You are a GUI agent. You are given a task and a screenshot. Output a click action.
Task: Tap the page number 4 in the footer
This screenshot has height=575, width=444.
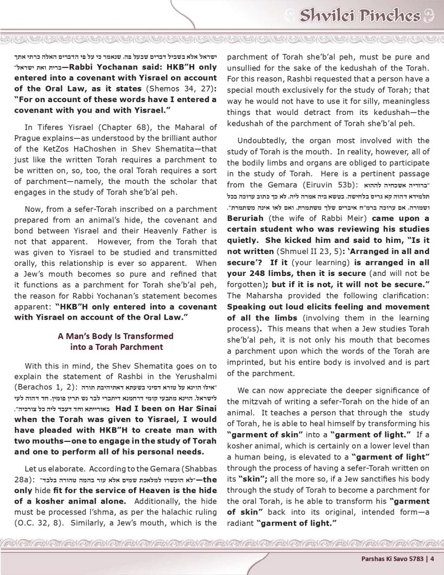(x=432, y=558)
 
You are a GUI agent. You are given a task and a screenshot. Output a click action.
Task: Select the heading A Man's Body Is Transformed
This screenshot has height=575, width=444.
(x=115, y=336)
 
